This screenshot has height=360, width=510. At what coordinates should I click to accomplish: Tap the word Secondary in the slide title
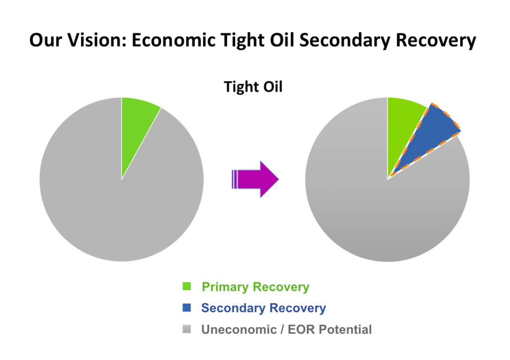click(345, 41)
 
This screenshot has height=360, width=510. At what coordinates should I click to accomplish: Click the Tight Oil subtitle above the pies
click(253, 87)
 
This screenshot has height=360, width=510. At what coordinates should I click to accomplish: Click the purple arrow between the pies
click(255, 179)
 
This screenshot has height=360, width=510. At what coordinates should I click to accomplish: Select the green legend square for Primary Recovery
click(187, 286)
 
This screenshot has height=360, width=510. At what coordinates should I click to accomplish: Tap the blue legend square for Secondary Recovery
click(187, 307)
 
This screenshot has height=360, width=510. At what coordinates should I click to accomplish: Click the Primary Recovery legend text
click(255, 287)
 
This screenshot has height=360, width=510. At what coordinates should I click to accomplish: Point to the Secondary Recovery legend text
click(263, 308)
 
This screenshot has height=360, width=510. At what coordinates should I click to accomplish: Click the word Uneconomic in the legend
click(239, 330)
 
